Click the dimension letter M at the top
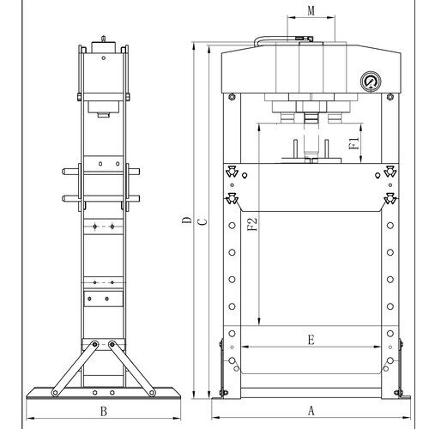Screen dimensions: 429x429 pos(311,11)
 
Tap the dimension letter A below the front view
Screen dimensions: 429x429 pos(311,411)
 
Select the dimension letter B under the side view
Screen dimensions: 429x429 pos(104,411)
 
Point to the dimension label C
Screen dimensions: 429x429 pos(202,222)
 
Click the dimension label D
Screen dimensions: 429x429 pos(187,220)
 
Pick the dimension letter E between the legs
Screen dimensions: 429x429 pos(311,340)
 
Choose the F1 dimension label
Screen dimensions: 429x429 pos(354,143)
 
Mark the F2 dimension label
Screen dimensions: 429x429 pos(252,225)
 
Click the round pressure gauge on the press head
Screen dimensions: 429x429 pos(371,82)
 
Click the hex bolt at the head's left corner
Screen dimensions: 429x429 pos(232,97)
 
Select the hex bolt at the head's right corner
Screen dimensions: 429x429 pos(390,97)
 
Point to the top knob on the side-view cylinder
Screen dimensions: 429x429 pos(103,39)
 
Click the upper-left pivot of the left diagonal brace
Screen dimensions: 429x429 pos(94,344)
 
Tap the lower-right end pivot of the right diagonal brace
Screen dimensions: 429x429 pos(152,393)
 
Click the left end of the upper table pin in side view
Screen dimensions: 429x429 pos(63,172)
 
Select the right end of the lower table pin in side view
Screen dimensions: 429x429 pos(138,198)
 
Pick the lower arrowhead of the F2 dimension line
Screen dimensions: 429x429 pos(259,322)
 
